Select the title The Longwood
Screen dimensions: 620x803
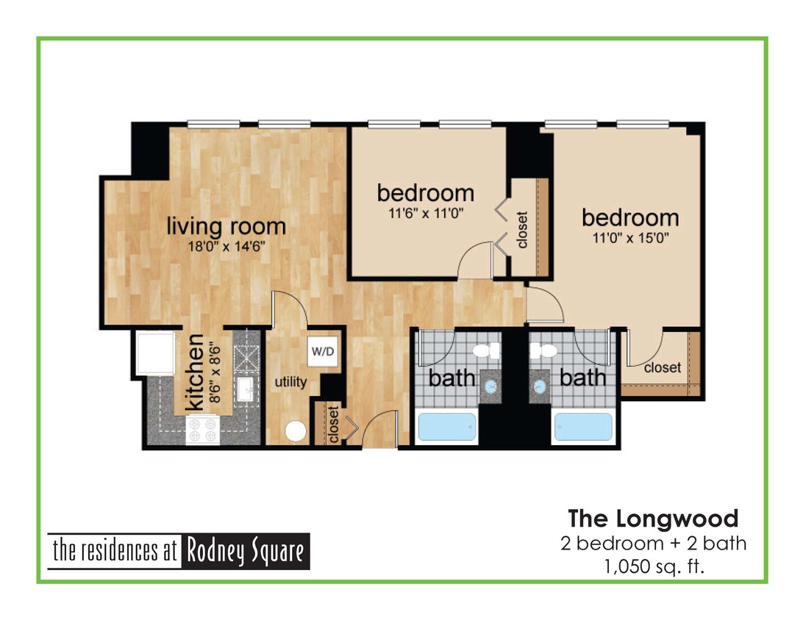pos(653,519)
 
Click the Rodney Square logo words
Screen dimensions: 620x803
pos(246,552)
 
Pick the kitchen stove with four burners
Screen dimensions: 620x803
pos(203,430)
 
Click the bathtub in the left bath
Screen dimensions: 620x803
pos(446,427)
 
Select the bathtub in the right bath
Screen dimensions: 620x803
pos(583,427)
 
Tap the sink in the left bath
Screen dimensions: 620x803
pos(490,385)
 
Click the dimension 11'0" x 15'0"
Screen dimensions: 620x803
pos(631,238)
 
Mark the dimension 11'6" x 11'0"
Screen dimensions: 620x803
pos(426,213)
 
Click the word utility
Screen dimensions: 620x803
pos(290,383)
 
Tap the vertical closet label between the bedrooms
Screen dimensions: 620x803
pos(522,230)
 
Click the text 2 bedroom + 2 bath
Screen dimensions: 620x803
pos(653,544)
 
